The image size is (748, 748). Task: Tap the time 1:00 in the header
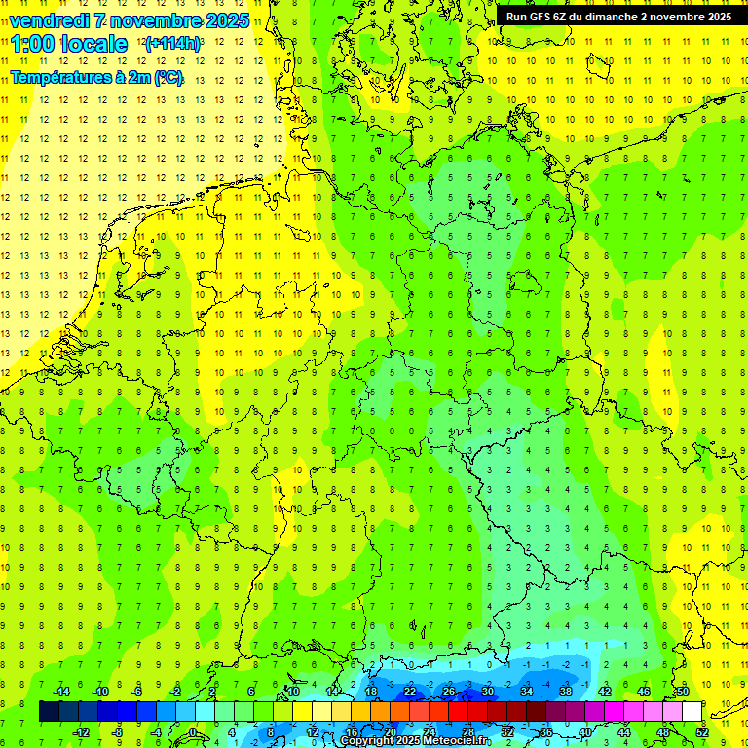[x=36, y=44]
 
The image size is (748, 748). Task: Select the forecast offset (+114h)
[x=172, y=44]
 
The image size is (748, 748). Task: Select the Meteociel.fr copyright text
[x=416, y=741]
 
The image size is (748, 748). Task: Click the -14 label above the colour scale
[x=60, y=692]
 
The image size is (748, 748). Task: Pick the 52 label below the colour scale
[x=701, y=732]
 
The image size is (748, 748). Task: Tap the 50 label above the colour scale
[x=682, y=692]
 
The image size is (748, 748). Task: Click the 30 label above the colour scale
[x=487, y=692]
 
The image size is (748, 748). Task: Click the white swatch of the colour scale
[x=692, y=712]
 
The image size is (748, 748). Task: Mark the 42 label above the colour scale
[x=604, y=692]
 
